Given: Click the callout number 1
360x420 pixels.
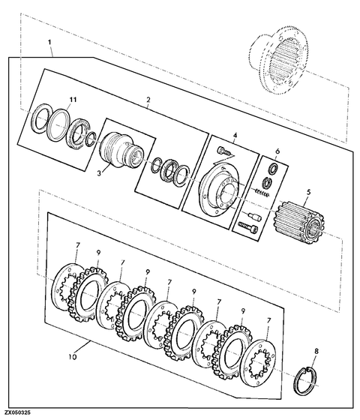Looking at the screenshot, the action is pos(49,42).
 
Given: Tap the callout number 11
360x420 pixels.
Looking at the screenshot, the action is pos(73,100).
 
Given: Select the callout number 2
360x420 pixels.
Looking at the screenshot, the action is pos(148,100).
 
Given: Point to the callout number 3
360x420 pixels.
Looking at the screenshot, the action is pos(100,173).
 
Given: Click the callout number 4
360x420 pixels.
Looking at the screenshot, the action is pos(235,135).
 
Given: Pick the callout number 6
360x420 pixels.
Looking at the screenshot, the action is pos(277,151).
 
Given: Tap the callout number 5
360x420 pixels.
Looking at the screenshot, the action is pos(308,192).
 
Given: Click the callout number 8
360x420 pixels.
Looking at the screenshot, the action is pos(316,352).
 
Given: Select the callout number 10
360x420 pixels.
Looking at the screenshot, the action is pos(73,357).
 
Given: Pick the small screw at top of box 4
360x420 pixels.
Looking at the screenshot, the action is pos(224,151).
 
